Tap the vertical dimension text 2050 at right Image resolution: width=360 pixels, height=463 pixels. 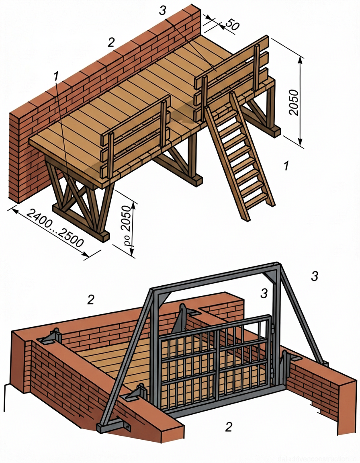pos(294,101)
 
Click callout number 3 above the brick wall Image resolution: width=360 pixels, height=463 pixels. pos(162,11)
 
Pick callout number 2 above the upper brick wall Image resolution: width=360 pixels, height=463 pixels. pos(111,42)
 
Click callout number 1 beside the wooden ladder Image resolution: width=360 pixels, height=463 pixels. pos(286,166)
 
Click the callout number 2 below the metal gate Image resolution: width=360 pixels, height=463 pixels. pos(228,426)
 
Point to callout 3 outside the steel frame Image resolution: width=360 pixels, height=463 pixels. pos(315,276)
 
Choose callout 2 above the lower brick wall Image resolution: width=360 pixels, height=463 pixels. pos(91,299)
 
